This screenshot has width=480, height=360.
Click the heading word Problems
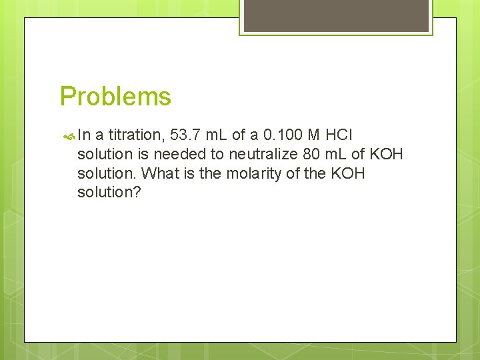click(115, 97)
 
